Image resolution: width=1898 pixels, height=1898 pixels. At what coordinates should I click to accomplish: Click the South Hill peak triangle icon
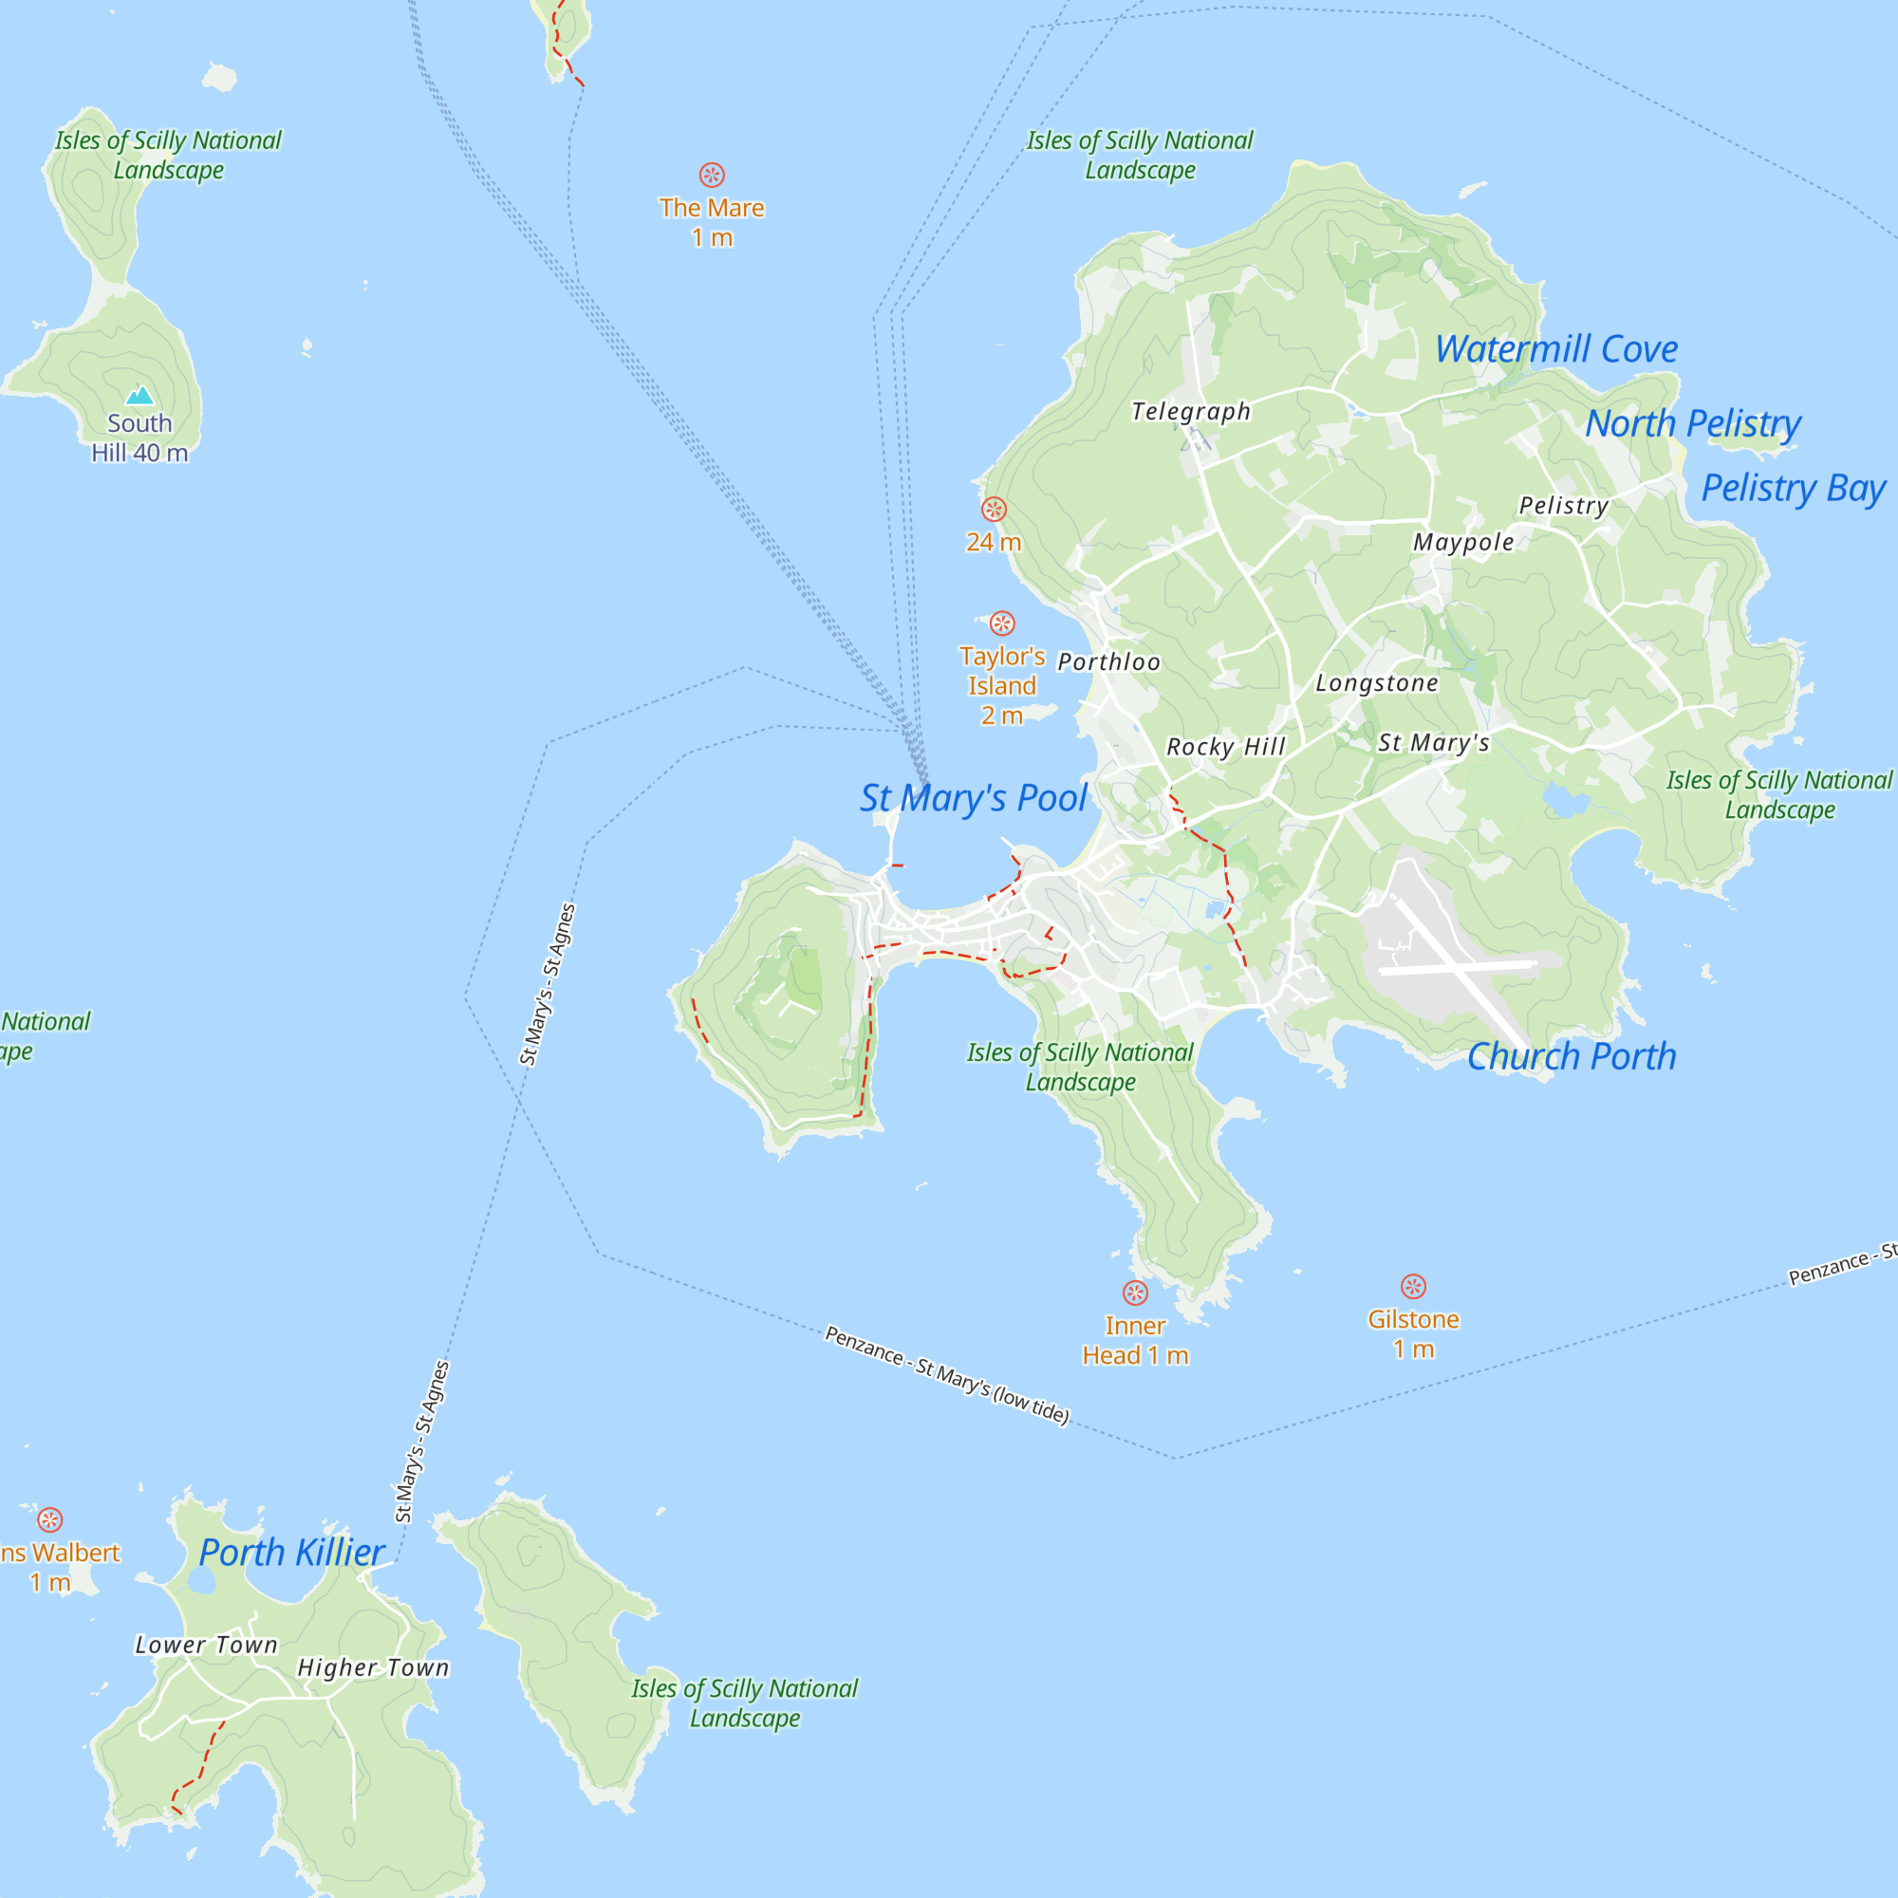[x=140, y=395]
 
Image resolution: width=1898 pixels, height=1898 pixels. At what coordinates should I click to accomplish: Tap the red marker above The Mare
[x=713, y=175]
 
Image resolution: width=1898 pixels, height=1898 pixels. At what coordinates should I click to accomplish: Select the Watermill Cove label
[x=1556, y=348]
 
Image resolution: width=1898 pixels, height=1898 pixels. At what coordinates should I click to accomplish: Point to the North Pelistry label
[x=1693, y=423]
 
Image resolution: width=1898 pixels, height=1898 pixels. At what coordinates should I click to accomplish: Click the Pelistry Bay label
[x=1793, y=487]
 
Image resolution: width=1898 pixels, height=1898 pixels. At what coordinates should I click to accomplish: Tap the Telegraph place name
[x=1191, y=411]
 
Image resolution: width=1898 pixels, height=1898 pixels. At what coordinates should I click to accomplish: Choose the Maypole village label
[x=1462, y=541]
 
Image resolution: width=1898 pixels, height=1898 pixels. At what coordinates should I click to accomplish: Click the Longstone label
[x=1376, y=682]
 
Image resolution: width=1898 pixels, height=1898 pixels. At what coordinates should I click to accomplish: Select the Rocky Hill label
[x=1225, y=747]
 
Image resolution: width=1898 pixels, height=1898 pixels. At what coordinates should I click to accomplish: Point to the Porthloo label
[x=1108, y=662]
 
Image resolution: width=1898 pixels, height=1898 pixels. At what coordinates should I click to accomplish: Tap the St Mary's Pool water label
[x=974, y=798]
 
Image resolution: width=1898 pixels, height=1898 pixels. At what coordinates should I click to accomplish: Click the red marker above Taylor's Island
[x=1002, y=623]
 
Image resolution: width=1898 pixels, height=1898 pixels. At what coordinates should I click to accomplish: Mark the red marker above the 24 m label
[x=995, y=509]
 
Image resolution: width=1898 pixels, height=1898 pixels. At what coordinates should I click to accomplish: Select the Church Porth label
[x=1571, y=1057]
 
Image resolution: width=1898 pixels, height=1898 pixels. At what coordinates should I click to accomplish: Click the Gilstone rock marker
[x=1413, y=1286]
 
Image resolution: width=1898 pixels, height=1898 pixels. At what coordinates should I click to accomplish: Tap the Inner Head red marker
[x=1136, y=1293]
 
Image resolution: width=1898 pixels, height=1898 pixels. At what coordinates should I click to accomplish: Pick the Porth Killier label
[x=291, y=1553]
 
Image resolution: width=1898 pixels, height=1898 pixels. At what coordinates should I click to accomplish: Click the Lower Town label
[x=206, y=1645]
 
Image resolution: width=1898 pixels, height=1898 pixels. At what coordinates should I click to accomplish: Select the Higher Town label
[x=373, y=1667]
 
